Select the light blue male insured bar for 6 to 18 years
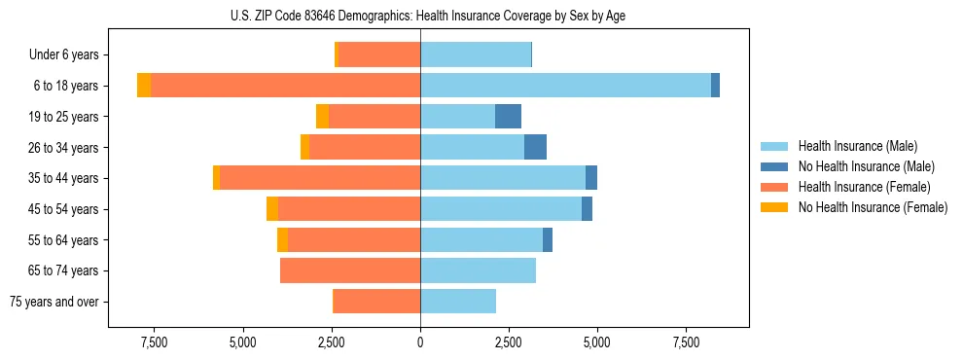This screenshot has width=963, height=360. (565, 86)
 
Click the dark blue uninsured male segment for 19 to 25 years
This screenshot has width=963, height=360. (508, 117)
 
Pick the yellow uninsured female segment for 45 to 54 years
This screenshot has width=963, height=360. (272, 209)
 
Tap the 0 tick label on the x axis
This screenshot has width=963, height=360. (420, 342)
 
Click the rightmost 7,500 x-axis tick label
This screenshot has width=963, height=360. (686, 342)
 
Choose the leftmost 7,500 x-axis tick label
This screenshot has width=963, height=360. (154, 342)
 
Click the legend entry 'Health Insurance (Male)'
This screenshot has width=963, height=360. (857, 146)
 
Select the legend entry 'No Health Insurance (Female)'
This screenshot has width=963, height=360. (873, 207)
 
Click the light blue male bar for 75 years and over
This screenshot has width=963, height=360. (458, 302)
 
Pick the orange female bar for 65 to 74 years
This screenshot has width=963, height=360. (350, 270)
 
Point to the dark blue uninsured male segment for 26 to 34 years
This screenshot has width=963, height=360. (535, 148)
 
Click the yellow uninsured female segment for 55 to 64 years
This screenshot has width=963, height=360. (282, 240)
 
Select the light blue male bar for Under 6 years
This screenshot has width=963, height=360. (476, 55)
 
